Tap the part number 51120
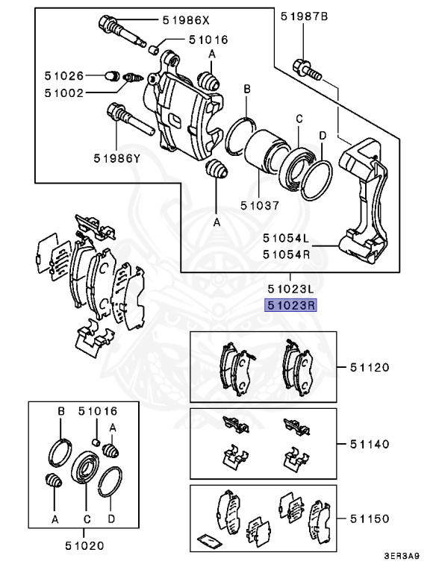pos(369,367)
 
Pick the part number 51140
pos(369,443)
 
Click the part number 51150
pos(369,517)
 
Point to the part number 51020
pos(84,545)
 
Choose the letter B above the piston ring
pos(247,90)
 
